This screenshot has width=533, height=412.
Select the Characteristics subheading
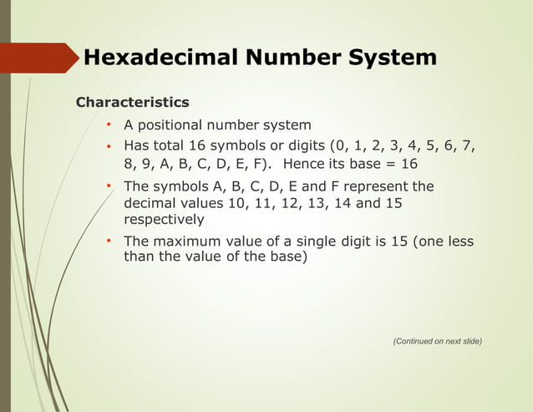(x=132, y=103)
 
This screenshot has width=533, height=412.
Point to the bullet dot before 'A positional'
(x=109, y=125)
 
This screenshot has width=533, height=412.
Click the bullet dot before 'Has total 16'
(x=109, y=147)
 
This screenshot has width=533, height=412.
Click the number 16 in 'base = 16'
(x=408, y=164)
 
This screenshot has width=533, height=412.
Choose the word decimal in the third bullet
(x=150, y=203)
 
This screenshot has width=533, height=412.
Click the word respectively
(x=164, y=220)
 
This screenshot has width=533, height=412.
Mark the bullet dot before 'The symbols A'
(x=109, y=186)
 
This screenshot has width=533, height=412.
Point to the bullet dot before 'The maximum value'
(x=109, y=242)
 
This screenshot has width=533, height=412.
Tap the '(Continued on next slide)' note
(x=437, y=341)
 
